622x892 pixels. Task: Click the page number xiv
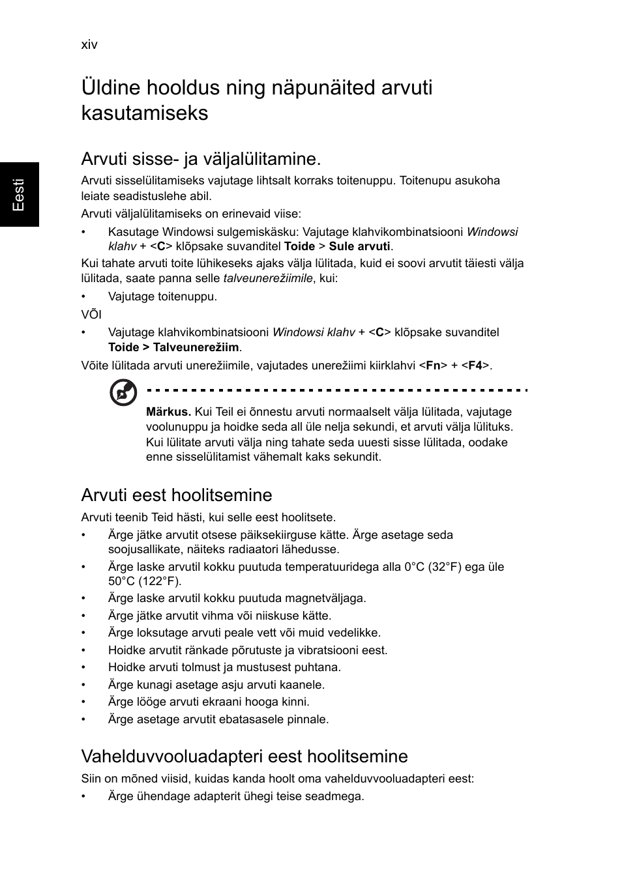(89, 44)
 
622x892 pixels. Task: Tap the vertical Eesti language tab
(19, 194)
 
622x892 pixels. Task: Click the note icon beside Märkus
(123, 393)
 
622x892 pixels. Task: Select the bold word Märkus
(168, 412)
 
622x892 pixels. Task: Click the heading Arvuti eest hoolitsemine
(176, 495)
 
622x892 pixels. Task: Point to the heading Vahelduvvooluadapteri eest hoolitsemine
(244, 756)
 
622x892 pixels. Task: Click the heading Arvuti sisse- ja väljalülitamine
(201, 159)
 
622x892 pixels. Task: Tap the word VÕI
(91, 314)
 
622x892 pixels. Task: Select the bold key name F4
(475, 366)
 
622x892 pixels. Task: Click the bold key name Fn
(432, 366)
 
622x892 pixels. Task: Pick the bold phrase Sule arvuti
(359, 246)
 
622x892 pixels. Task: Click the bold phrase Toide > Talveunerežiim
(173, 347)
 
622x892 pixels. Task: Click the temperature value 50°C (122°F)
(145, 581)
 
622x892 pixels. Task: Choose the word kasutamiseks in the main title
(145, 113)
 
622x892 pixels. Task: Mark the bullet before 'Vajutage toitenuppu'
(84, 297)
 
